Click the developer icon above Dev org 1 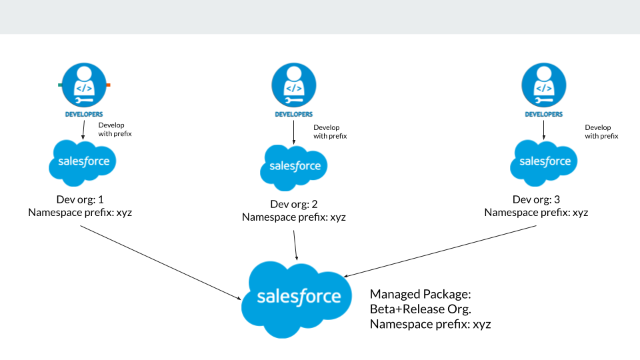(84, 85)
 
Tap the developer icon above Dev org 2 (294, 85)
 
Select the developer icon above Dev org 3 (544, 85)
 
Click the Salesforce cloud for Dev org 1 (83, 161)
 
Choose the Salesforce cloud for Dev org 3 (544, 161)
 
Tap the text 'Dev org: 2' (294, 204)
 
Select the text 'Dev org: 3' (537, 199)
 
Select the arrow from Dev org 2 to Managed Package (295, 244)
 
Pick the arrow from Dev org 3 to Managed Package (440, 249)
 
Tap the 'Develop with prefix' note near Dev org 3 (601, 131)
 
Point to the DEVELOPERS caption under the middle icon (294, 114)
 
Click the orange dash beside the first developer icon (108, 85)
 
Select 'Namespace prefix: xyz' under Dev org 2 (294, 217)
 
